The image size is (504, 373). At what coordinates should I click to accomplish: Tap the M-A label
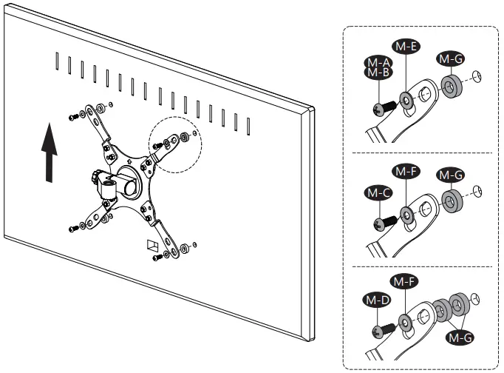click(378, 61)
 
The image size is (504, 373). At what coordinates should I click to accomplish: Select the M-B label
click(378, 73)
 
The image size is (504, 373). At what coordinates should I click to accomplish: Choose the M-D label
click(378, 300)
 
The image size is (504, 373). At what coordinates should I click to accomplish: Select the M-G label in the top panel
click(449, 58)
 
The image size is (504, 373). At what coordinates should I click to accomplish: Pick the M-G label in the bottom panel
click(458, 337)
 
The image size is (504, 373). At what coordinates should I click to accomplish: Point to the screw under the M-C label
click(385, 221)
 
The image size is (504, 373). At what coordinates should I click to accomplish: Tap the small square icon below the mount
click(152, 246)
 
